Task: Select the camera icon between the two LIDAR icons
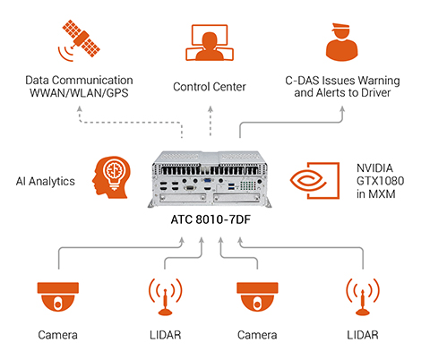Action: click(255, 296)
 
